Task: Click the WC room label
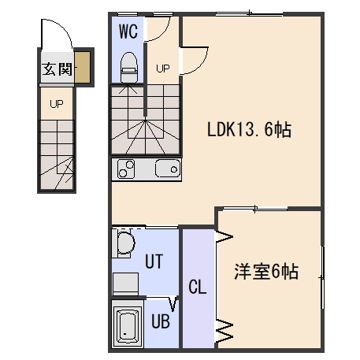pos(128,32)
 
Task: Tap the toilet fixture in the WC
pos(128,67)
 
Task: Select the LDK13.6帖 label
pos(250,129)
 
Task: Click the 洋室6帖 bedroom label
pos(266,272)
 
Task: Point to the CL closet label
pos(198,287)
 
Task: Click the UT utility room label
pos(154,262)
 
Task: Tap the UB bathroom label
pos(161,321)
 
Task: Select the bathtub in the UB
pos(128,325)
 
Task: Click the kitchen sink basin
pos(168,169)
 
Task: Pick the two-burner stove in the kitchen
pos(126,169)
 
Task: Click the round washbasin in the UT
pos(125,242)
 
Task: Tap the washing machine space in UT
pos(125,284)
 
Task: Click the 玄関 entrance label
pos(57,69)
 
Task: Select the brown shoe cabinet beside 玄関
pos(82,67)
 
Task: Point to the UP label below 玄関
pos(57,104)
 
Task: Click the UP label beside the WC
pos(163,69)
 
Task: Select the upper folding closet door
pos(224,236)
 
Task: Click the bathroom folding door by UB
pos(173,303)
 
